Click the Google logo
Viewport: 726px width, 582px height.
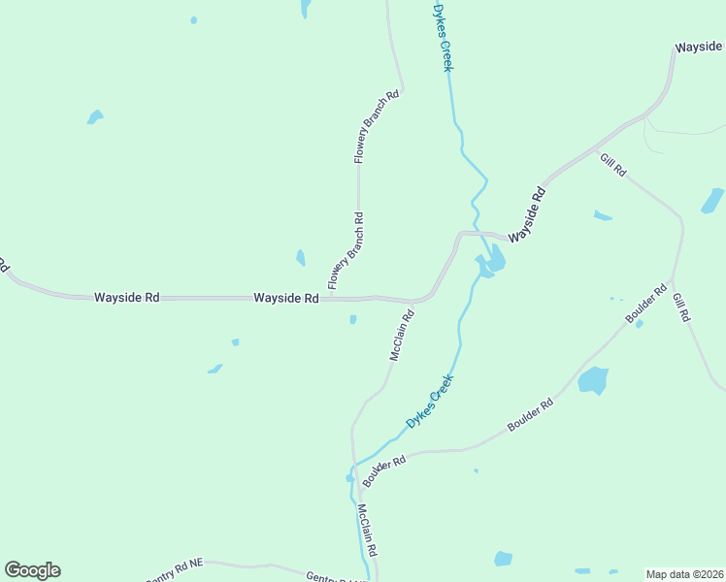[x=32, y=570]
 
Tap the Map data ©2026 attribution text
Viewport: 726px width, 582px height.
[x=684, y=574]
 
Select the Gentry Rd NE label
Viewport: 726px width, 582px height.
[x=176, y=571]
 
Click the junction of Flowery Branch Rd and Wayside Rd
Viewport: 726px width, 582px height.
[x=330, y=298]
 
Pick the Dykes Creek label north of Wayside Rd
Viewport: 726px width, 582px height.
[x=443, y=37]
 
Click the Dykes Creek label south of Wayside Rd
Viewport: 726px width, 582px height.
[x=430, y=404]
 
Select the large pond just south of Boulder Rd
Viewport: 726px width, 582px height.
[x=593, y=379]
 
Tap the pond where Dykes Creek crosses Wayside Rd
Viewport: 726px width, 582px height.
[x=491, y=261]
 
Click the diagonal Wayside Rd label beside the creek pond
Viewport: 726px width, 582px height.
[x=527, y=215]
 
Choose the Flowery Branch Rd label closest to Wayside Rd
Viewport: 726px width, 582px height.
[x=346, y=251]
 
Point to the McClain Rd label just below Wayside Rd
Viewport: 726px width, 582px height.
[x=402, y=336]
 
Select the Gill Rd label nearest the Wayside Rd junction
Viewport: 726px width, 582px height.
[x=613, y=164]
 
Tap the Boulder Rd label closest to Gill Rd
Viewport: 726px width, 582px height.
[x=646, y=304]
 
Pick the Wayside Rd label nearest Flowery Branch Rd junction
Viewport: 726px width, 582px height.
[x=286, y=298]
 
